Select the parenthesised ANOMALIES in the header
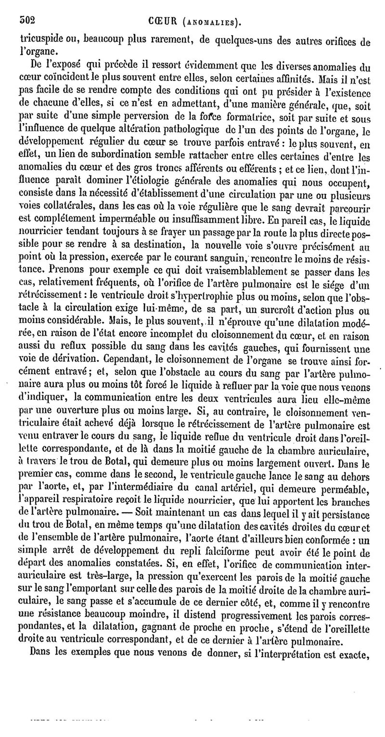(212, 22)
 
